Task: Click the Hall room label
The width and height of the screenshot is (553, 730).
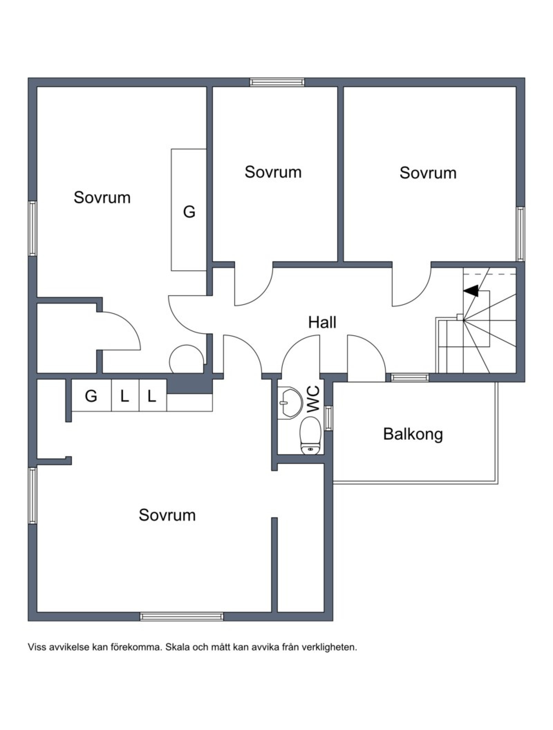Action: [322, 322]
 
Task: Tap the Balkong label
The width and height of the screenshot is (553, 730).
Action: [413, 434]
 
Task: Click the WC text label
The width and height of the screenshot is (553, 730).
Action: [313, 400]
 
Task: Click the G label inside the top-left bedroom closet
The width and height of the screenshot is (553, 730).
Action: [189, 212]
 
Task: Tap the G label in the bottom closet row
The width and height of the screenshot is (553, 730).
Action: [91, 396]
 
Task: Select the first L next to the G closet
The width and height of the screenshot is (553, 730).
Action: [124, 396]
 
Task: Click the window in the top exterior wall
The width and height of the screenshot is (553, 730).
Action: [277, 82]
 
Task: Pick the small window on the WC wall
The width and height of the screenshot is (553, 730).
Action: [329, 418]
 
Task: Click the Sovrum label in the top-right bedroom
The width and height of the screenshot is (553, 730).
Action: [428, 173]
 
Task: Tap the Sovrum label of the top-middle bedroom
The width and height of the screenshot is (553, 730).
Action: [273, 172]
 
